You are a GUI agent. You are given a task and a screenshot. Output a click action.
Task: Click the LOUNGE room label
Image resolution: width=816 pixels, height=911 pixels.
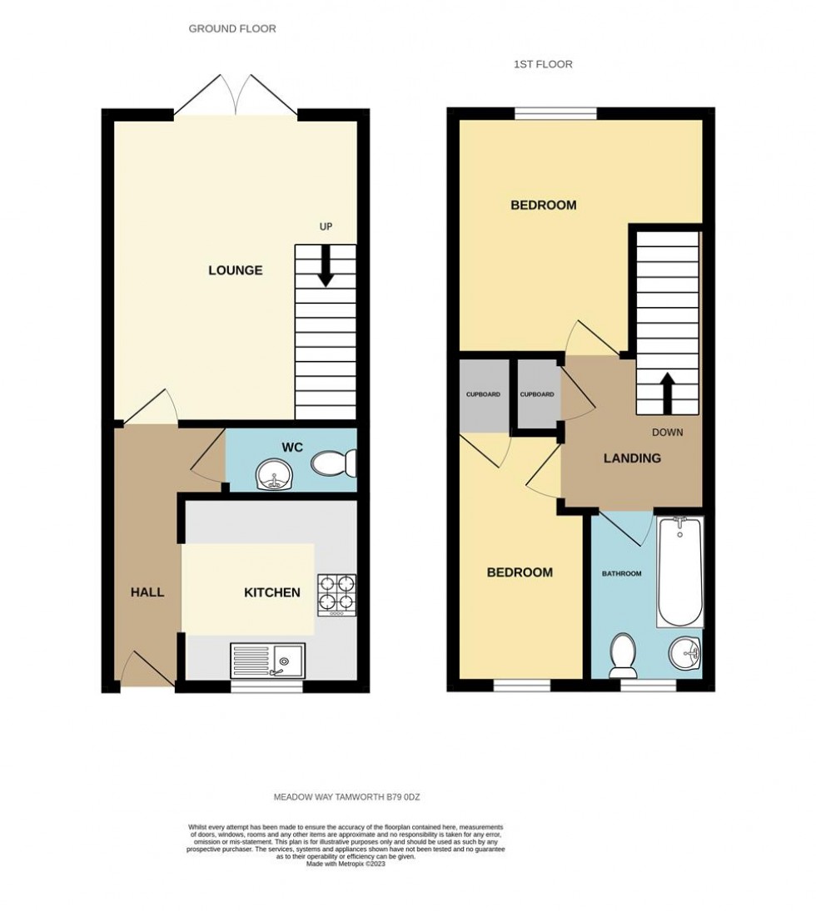(235, 270)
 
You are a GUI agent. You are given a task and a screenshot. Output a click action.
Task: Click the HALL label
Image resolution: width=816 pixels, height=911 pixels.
(147, 592)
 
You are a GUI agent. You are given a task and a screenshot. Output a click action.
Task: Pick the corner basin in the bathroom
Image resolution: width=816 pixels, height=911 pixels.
(687, 655)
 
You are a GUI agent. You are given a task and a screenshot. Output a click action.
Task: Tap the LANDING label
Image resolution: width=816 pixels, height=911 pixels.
(632, 458)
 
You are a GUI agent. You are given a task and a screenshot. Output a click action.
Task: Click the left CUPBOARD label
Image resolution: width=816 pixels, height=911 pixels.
(483, 394)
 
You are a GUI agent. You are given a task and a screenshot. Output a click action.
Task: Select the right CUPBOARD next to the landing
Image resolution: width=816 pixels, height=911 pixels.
(537, 394)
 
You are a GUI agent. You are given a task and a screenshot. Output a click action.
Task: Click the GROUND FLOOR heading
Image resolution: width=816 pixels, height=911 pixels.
(232, 28)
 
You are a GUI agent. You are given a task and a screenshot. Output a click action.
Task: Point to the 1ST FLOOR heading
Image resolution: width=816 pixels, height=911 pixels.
(543, 64)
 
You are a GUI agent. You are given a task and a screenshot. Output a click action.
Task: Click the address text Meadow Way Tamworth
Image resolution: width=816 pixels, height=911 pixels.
(347, 797)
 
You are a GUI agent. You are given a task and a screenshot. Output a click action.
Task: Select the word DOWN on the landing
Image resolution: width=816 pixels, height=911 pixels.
(668, 433)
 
